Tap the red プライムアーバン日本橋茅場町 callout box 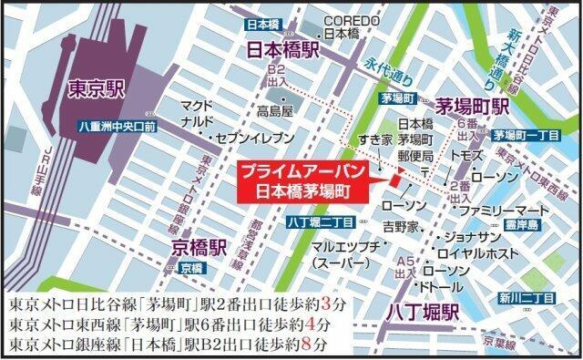point(301,182)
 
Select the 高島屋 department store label point(274,111)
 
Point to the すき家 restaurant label point(373,139)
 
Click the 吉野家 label point(400,224)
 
